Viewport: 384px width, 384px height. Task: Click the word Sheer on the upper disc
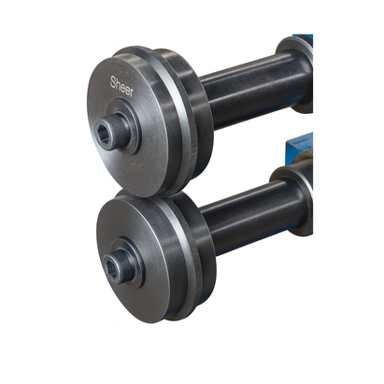121,87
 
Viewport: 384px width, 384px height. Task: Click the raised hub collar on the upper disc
125,127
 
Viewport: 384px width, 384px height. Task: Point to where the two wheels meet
140,194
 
